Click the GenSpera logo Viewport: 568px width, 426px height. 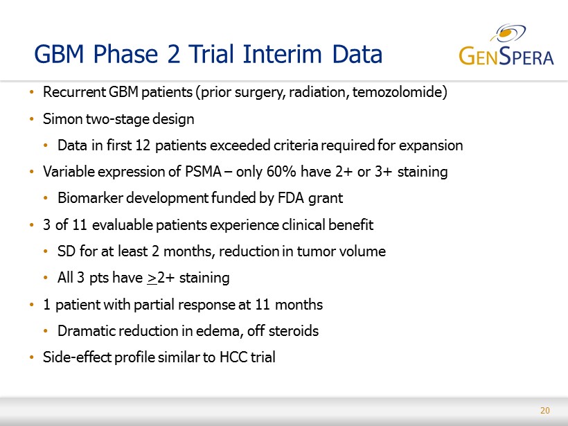[x=506, y=45]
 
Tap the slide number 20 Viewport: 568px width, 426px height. [x=545, y=411]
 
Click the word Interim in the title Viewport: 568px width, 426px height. [x=282, y=54]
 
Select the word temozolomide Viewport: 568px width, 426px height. [x=398, y=92]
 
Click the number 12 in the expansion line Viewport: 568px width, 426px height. [x=143, y=145]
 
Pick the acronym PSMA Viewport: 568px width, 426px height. [x=203, y=172]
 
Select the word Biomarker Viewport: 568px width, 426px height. [x=90, y=198]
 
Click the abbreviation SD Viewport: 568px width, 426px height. [x=66, y=251]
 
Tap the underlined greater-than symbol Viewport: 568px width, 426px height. [x=152, y=278]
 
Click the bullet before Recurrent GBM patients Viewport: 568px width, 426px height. [x=32, y=92]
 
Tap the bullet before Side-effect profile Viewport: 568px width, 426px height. [x=32, y=357]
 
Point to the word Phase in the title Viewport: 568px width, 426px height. [x=125, y=54]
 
